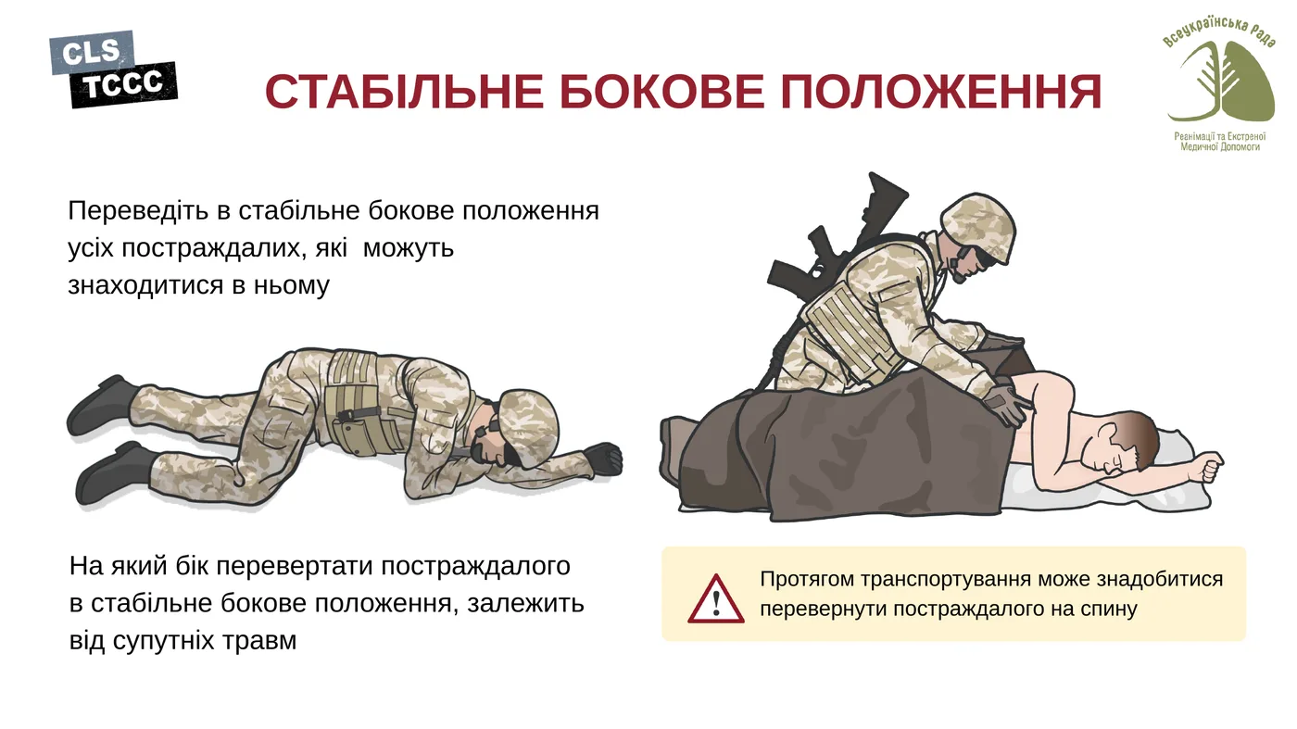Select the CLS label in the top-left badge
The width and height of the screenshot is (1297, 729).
[91, 54]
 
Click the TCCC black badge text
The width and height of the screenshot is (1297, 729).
[123, 86]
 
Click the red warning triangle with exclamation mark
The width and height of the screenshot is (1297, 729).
[715, 599]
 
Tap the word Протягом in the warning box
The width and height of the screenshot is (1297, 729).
[806, 580]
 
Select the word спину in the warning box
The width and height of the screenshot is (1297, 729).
[1110, 610]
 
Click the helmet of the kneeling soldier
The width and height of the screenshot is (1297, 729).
[978, 222]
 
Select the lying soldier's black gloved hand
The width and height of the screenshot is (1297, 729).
[603, 459]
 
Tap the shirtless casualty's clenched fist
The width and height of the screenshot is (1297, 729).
[1208, 468]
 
